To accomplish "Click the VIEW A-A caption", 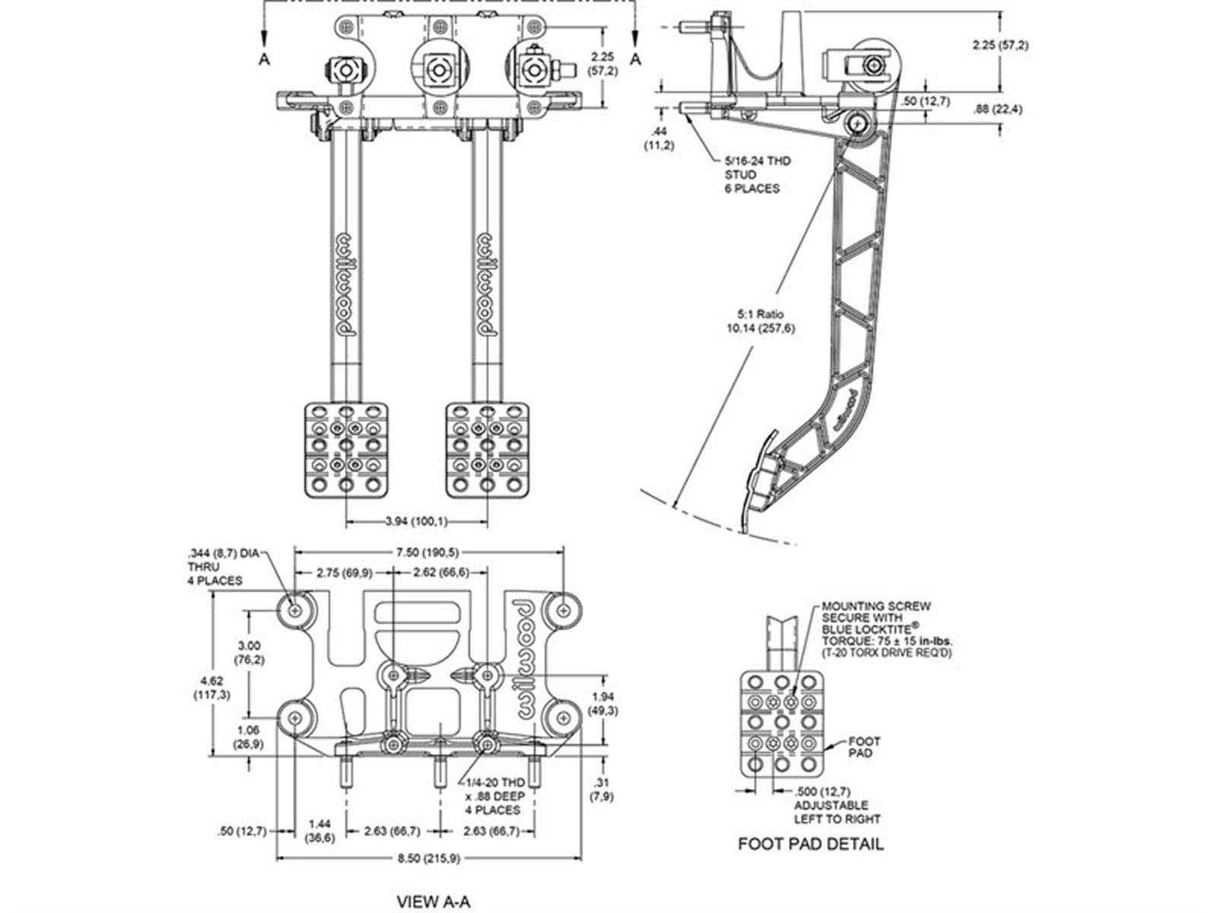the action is pos(434,901).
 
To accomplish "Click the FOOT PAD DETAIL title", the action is pos(811,844).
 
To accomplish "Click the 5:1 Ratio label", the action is pos(760,314).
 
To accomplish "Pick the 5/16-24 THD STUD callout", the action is pos(758,175).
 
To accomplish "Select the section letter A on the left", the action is pos(265,59).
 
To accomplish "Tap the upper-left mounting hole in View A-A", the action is pos(295,611).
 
